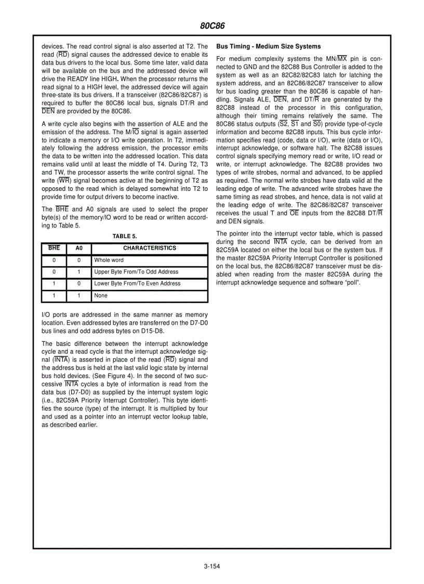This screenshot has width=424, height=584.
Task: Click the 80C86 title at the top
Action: pyautogui.click(x=212, y=25)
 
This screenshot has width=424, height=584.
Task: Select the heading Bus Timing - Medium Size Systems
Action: pyautogui.click(x=268, y=46)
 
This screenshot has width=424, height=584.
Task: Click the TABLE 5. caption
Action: pyautogui.click(x=125, y=237)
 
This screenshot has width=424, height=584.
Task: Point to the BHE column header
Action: pyautogui.click(x=54, y=248)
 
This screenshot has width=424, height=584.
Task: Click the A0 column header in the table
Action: pyautogui.click(x=79, y=248)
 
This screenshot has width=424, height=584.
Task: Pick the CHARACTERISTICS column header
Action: pyautogui.click(x=150, y=248)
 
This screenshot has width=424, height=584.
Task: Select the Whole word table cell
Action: pyautogui.click(x=109, y=260)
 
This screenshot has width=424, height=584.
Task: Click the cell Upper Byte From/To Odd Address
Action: pyautogui.click(x=136, y=272)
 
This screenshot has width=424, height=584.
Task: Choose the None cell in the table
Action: pyautogui.click(x=101, y=296)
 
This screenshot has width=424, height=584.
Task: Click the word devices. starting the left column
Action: pyautogui.click(x=52, y=46)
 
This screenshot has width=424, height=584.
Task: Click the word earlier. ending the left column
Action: pyautogui.click(x=86, y=424)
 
